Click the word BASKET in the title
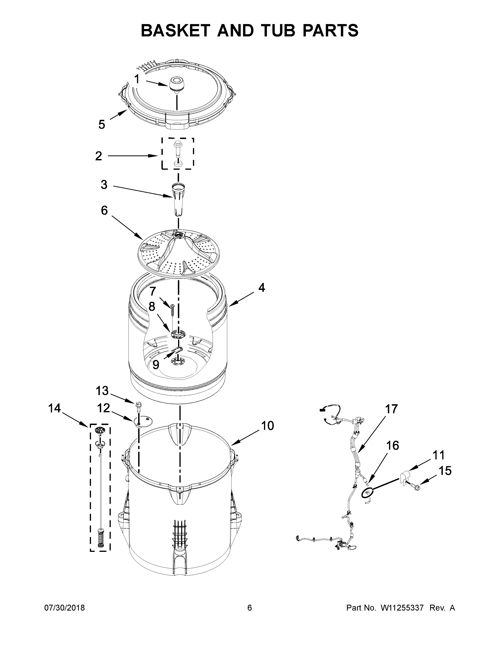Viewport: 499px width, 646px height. pos(175,31)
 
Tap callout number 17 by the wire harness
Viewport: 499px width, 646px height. pos(391,409)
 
